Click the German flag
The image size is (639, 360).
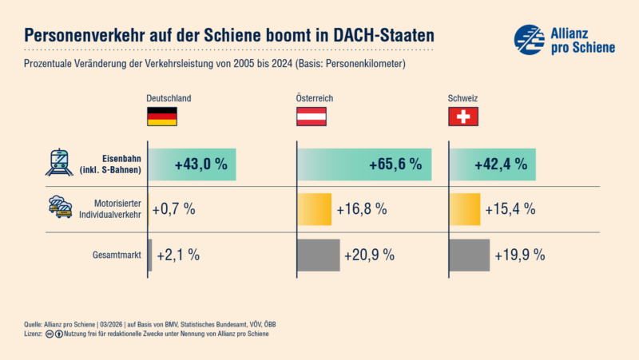pos(161,117)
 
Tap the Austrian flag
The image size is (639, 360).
pos(312,117)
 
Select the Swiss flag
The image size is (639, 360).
pos(462,117)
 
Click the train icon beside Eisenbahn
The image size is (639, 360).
pos(60,162)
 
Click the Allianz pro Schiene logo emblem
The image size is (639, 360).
pos(529,39)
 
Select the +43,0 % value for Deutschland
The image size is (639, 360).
pos(200,164)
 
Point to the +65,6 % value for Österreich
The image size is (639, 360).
pos(395,164)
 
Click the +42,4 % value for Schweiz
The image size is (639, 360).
pos(500,164)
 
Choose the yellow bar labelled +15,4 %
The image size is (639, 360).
pos(465,209)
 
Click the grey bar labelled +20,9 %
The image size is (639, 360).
pos(319,255)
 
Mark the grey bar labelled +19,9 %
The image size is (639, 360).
pos(470,255)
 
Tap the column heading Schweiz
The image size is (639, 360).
pos(462,98)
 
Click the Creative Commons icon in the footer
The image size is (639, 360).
pos(50,334)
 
